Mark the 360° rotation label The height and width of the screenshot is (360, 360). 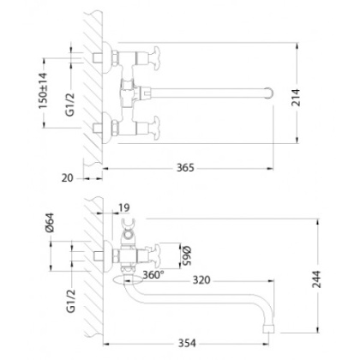click(x=153, y=276)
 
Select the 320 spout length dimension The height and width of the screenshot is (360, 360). click(x=202, y=279)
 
